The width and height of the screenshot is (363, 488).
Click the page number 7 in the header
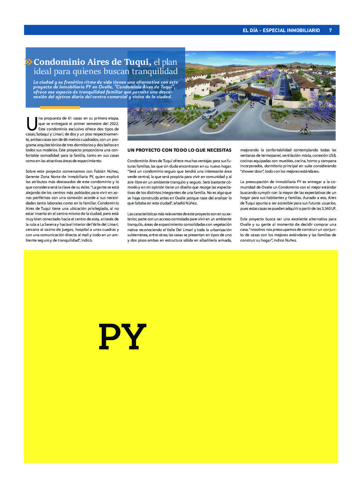(x=330, y=31)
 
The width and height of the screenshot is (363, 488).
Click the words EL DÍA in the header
(x=250, y=31)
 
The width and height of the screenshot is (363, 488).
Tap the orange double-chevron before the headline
(x=28, y=62)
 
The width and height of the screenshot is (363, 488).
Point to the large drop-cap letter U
(x=31, y=124)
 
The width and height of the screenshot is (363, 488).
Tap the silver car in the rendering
(x=209, y=113)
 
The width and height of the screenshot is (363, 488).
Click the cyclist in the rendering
(x=305, y=130)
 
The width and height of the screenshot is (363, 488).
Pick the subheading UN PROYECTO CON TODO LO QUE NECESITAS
(x=179, y=150)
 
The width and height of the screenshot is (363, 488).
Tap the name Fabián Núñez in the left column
(x=106, y=171)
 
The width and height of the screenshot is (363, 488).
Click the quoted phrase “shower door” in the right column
(x=251, y=171)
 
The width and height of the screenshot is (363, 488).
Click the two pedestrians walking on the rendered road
(x=252, y=104)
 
